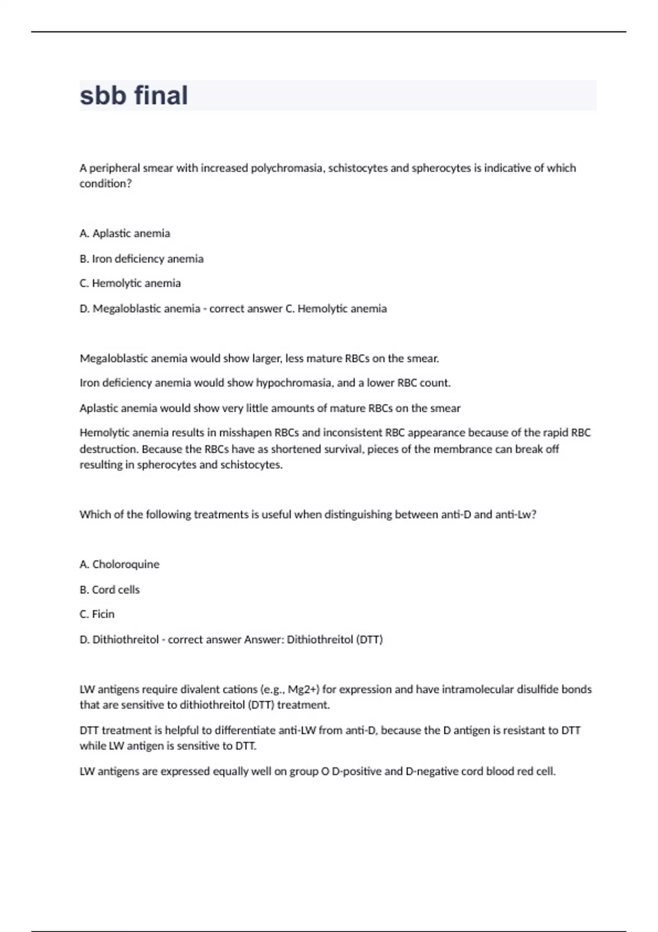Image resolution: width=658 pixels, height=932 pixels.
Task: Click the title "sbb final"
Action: point(134,95)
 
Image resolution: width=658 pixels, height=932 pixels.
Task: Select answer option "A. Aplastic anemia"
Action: point(125,234)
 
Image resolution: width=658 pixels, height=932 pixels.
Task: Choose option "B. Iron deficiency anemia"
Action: point(141,259)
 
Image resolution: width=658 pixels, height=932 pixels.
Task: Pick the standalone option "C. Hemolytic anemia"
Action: point(130,283)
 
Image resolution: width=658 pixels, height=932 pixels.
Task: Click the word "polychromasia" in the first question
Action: point(287,168)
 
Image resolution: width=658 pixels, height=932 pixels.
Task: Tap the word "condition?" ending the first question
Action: point(106,184)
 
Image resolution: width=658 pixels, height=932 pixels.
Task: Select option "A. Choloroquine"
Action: point(120,565)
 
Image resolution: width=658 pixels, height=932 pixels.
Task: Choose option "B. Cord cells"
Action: point(110,590)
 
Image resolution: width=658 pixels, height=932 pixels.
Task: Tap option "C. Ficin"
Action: point(97,615)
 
